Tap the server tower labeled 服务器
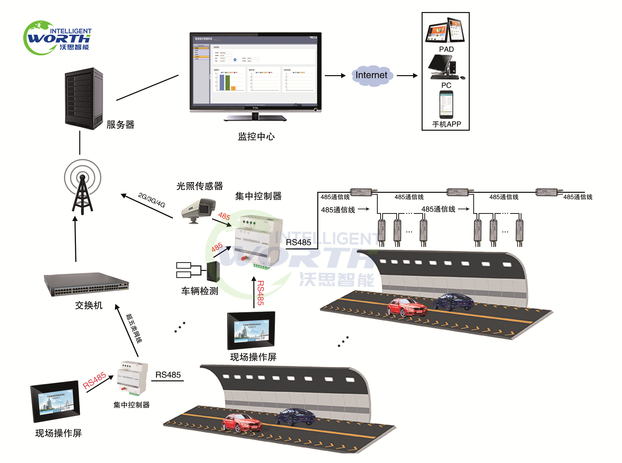tap(84, 98)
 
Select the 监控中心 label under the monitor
tap(256, 136)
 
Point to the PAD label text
tap(446, 49)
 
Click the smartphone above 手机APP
tap(446, 104)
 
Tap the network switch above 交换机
tap(87, 284)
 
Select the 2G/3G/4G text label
tap(151, 200)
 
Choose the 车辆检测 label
tap(200, 291)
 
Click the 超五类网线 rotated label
tap(134, 329)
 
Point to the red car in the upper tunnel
tap(407, 307)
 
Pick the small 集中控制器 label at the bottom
tap(131, 405)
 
